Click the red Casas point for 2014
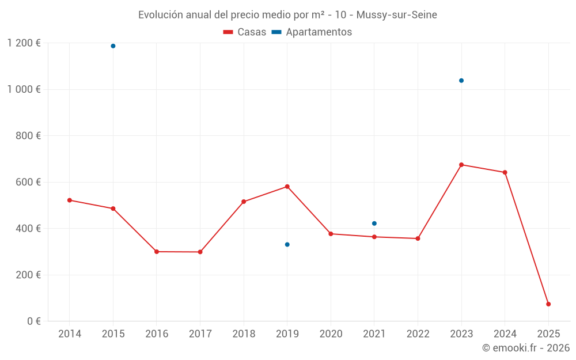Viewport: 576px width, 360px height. tap(70, 200)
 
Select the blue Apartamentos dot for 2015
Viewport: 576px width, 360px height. tap(113, 46)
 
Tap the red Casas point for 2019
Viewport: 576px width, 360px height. tap(287, 187)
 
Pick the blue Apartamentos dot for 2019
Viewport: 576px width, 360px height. tap(287, 245)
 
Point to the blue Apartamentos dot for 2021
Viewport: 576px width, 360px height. tap(374, 223)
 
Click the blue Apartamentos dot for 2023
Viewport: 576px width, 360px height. tap(461, 81)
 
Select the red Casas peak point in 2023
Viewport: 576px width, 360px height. tap(461, 165)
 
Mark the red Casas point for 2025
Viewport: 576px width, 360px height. tap(548, 304)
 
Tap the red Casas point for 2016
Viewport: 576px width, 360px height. tap(157, 252)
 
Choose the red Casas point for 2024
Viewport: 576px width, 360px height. tap(505, 172)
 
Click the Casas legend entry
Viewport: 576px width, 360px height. tap(245, 32)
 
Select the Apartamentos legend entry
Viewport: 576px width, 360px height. tap(312, 32)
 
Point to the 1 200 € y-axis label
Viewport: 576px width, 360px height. tap(24, 43)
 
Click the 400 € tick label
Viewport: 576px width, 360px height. tap(29, 229)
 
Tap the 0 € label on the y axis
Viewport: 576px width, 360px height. tap(33, 321)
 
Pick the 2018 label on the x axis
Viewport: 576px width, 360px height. tap(244, 334)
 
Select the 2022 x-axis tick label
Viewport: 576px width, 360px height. tap(418, 334)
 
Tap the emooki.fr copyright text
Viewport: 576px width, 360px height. tap(526, 348)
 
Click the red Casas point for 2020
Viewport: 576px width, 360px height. tap(331, 234)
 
